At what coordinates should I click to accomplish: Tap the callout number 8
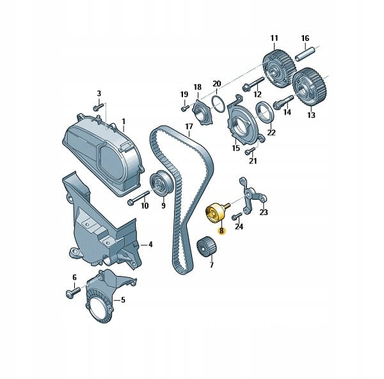[221, 230]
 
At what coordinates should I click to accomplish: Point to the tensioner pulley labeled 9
[161, 182]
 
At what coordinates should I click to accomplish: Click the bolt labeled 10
[138, 198]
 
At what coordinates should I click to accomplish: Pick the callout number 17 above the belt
[189, 127]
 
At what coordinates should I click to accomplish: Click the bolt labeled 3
[99, 107]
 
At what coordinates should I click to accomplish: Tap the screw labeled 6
[73, 293]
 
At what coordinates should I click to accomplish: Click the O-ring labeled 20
[218, 104]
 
